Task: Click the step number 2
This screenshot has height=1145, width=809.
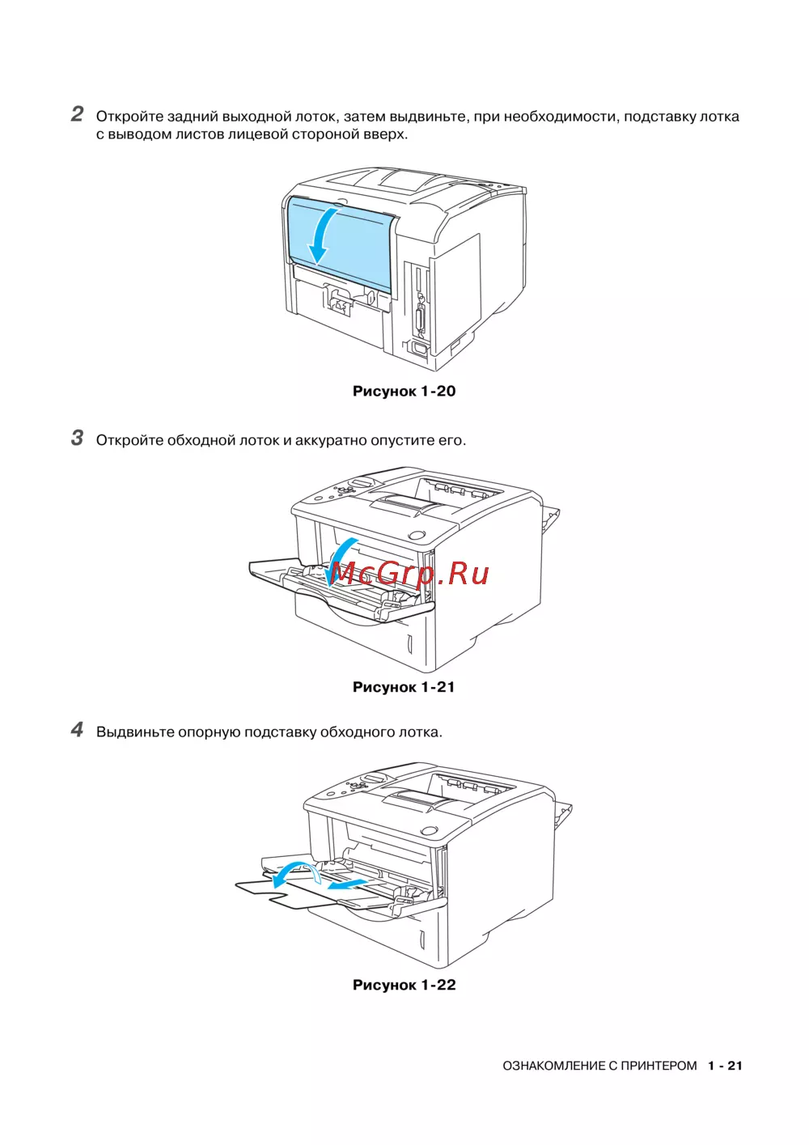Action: [77, 114]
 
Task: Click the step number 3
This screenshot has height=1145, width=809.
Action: [77, 438]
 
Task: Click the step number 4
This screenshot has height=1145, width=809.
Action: [77, 729]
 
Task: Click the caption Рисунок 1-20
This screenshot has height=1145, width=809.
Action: [404, 392]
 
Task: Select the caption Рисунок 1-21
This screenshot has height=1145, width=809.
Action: [404, 687]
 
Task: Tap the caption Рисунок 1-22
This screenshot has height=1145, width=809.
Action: [404, 985]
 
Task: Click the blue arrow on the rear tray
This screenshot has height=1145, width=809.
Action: [322, 235]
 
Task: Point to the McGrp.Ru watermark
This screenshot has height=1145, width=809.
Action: [409, 573]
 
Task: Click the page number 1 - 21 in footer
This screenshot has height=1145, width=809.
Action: [724, 1066]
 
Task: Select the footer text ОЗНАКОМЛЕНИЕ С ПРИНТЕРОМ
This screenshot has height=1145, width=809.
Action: [599, 1066]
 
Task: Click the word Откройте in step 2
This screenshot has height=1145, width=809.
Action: [129, 117]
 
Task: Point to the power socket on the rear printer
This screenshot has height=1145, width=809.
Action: [419, 349]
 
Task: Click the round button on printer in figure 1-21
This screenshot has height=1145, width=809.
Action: [417, 535]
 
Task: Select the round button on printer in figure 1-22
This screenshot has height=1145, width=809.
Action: [430, 831]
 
